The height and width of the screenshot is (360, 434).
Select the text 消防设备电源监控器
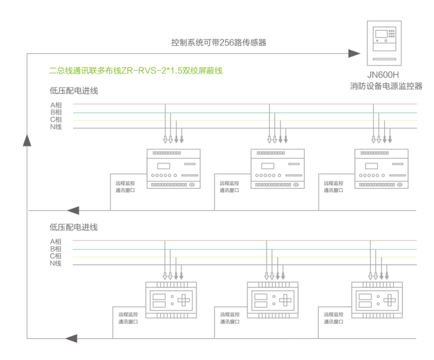tap(386, 86)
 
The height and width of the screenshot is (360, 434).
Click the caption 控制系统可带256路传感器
tap(219, 42)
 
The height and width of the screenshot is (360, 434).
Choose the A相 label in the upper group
tap(56, 105)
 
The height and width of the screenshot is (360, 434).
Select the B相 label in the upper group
tap(56, 112)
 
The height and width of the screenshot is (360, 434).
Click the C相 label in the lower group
tap(56, 256)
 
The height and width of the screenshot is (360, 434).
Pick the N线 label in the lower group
tap(56, 263)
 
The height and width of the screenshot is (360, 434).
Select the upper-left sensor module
tap(172, 169)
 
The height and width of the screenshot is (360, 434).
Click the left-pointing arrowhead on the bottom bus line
tap(72, 338)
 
